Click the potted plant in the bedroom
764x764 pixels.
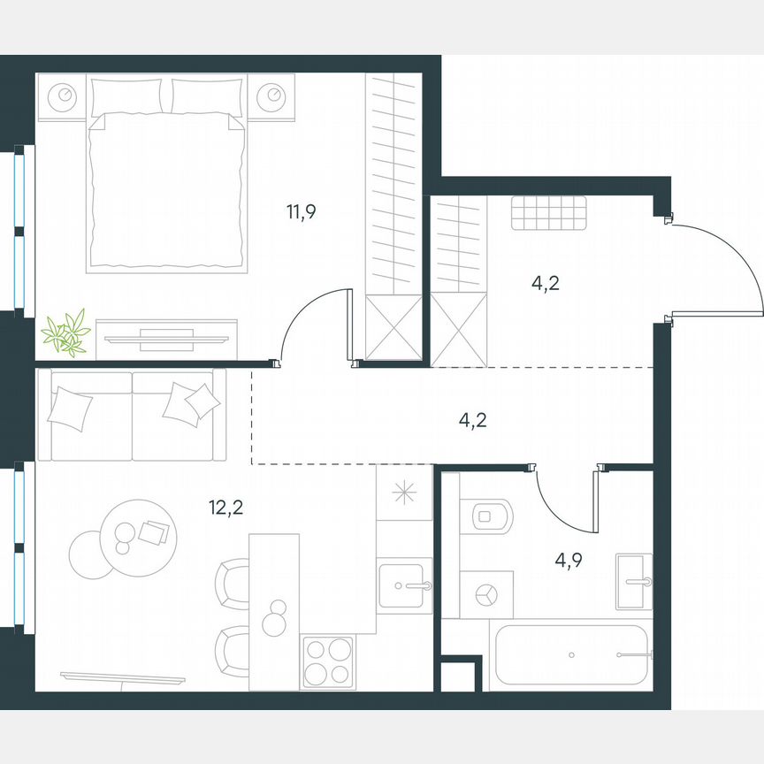click(65, 333)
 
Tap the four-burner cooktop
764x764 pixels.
click(327, 661)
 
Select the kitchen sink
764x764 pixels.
click(406, 586)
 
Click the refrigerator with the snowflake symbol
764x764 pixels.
click(404, 493)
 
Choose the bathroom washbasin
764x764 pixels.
click(634, 581)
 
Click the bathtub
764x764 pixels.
click(570, 655)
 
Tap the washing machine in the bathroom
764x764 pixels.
click(485, 594)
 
